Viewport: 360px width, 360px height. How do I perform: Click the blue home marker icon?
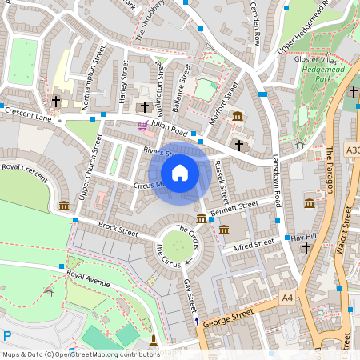180,173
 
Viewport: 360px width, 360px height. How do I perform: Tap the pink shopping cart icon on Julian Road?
142,125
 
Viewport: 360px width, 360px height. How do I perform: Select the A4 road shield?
288,298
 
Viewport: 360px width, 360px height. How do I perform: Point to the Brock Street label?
118,229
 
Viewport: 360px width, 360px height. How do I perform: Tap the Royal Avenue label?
88,278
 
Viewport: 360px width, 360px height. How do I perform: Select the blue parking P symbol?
7,336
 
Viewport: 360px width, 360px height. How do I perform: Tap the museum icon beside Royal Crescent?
63,206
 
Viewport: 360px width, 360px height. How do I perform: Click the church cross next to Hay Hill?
306,249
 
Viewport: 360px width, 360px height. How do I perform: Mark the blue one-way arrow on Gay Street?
198,321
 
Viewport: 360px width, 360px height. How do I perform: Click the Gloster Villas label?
316,60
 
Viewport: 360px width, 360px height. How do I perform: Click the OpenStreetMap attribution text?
81,354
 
